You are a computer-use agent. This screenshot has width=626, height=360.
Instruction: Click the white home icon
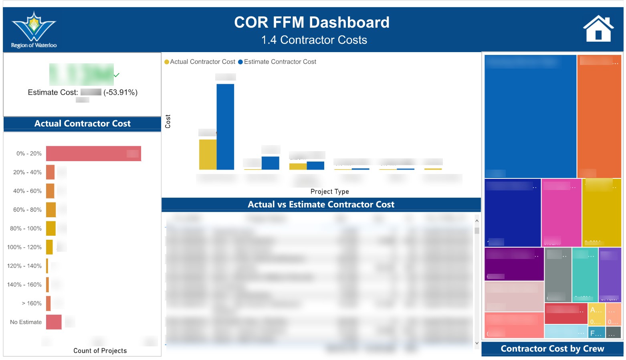(x=598, y=29)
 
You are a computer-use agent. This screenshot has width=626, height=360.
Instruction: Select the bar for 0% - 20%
(x=93, y=154)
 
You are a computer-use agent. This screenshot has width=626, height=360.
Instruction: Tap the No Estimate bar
(x=54, y=322)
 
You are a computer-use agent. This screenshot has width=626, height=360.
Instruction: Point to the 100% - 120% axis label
(x=24, y=247)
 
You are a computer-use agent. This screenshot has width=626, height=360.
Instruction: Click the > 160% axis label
(x=32, y=303)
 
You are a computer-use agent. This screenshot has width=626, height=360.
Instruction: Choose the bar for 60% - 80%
(x=51, y=210)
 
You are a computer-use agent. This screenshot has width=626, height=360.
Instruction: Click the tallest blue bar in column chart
(x=225, y=127)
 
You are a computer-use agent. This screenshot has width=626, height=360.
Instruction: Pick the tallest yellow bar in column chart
(x=208, y=154)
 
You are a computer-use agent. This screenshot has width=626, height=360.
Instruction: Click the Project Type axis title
(x=329, y=192)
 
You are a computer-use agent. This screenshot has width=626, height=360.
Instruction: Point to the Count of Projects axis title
(x=100, y=351)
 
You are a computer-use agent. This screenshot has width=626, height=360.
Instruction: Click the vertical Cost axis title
(x=168, y=121)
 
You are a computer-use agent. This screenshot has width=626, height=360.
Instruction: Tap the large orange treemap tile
(x=599, y=116)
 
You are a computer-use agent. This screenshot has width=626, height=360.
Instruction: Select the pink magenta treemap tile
(x=561, y=212)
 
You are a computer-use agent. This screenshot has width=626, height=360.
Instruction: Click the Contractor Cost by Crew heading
(x=552, y=349)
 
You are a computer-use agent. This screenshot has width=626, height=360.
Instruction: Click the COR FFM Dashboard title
(x=311, y=22)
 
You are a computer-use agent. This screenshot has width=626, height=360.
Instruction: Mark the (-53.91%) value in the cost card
(x=120, y=92)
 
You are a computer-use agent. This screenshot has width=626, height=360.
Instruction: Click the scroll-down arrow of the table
(x=477, y=343)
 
